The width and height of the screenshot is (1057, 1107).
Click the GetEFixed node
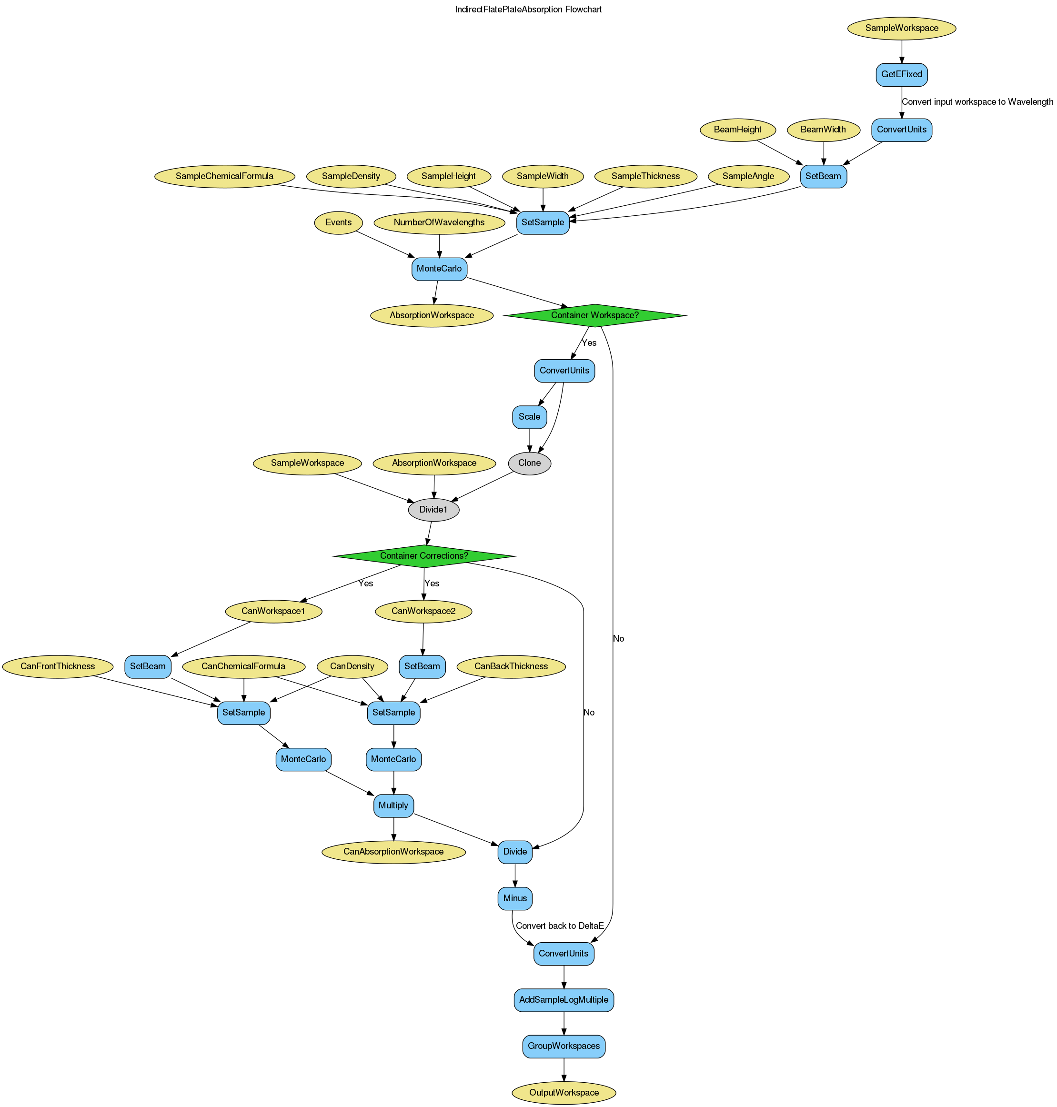point(902,74)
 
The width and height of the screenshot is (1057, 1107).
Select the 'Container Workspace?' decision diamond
point(594,315)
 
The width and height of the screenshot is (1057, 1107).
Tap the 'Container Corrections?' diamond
point(423,556)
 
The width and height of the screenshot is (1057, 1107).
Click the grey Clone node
point(529,463)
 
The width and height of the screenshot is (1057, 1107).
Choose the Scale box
point(529,417)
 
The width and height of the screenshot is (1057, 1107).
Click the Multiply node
point(393,805)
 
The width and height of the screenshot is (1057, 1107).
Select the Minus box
point(515,898)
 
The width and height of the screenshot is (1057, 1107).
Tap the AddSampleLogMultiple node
point(564,1000)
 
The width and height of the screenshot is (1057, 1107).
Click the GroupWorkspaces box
point(564,1046)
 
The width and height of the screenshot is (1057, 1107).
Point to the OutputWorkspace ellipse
point(564,1093)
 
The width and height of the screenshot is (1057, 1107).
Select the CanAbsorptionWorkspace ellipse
point(393,852)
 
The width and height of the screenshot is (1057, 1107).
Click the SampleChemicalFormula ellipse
point(224,176)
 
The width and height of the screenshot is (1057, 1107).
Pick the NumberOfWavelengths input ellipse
point(439,222)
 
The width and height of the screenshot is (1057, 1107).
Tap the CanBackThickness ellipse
point(511,666)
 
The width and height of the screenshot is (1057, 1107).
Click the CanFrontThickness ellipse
point(58,666)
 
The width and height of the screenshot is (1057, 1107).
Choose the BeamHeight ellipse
point(737,130)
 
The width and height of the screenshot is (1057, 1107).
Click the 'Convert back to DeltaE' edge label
point(560,926)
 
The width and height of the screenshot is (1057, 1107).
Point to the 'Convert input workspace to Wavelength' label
point(977,102)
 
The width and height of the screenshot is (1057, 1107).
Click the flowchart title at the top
point(528,10)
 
